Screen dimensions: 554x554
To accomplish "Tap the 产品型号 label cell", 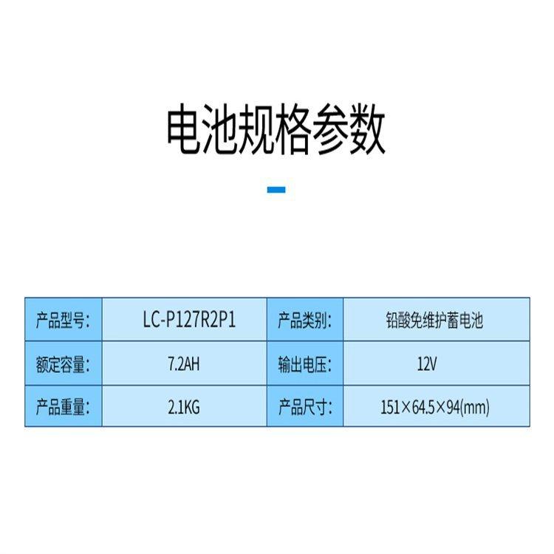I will pos(63,320).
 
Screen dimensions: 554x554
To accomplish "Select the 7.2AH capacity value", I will pos(184,363).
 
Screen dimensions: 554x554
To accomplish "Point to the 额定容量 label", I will pos(63,363).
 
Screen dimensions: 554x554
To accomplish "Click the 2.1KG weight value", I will pos(184,406).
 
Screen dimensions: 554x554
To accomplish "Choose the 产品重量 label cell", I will pos(63,406).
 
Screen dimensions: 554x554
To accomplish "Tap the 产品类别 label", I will pos(304,320).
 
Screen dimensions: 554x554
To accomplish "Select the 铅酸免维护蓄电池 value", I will pos(434,320).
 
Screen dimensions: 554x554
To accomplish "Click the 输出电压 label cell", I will pos(304,363).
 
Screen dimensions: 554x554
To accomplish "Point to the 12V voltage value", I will pos(428,363).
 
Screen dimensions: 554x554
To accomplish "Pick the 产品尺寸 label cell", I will pos(304,406).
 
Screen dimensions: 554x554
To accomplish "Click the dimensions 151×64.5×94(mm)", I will pos(434,406).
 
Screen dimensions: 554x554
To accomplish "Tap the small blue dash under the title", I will pos(276,190).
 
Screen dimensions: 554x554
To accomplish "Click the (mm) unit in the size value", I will pos(476,406).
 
